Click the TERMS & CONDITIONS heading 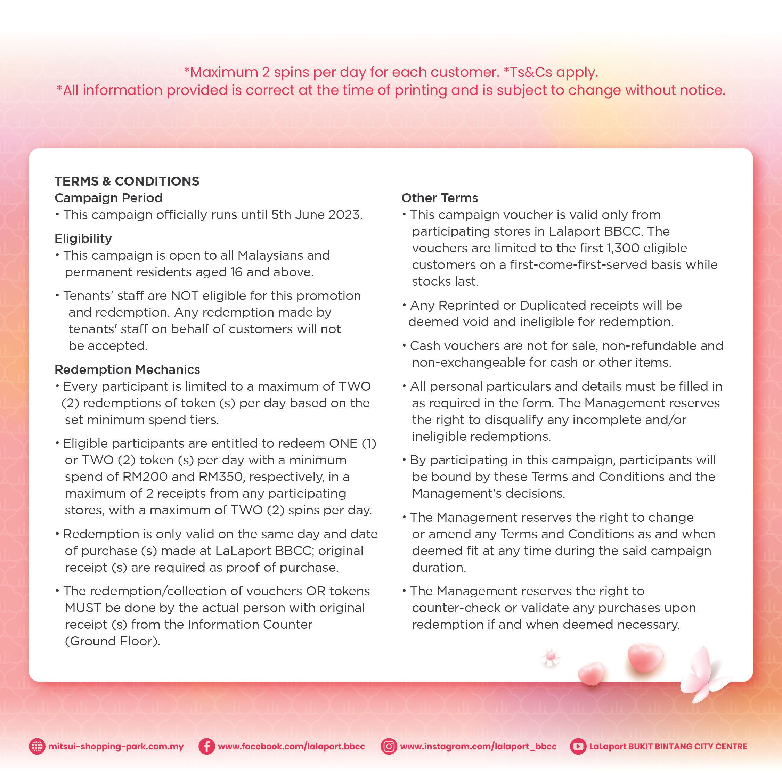tap(127, 181)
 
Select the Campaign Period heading tap(108, 198)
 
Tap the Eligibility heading tap(83, 238)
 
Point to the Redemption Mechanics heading tap(127, 369)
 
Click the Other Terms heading tap(440, 198)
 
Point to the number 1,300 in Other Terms tap(623, 248)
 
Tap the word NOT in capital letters tap(184, 296)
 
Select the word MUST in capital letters tap(83, 608)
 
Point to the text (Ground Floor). tap(113, 641)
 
